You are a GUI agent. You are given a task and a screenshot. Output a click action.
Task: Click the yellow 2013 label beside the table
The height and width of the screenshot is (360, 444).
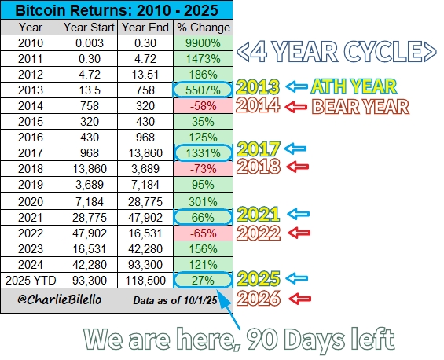click(259, 86)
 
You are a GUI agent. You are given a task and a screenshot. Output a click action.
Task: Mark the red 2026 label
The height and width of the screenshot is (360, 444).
click(259, 298)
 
